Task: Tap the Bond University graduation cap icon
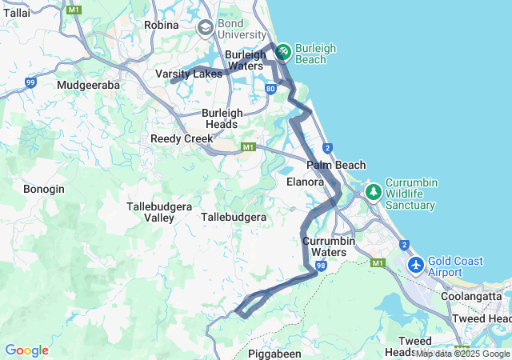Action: coord(206,28)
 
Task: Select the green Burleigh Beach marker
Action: coord(282,53)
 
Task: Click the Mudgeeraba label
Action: coord(89,84)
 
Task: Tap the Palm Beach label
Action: coord(336,165)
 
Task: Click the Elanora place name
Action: coord(305,182)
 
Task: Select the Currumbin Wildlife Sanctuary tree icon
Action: coord(373,192)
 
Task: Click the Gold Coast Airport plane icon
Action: coord(415,265)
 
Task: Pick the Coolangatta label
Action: coord(471,295)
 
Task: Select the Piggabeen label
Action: coord(274,353)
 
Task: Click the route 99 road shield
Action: coord(30,82)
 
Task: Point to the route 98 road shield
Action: coord(320,266)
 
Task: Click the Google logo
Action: coord(26,350)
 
